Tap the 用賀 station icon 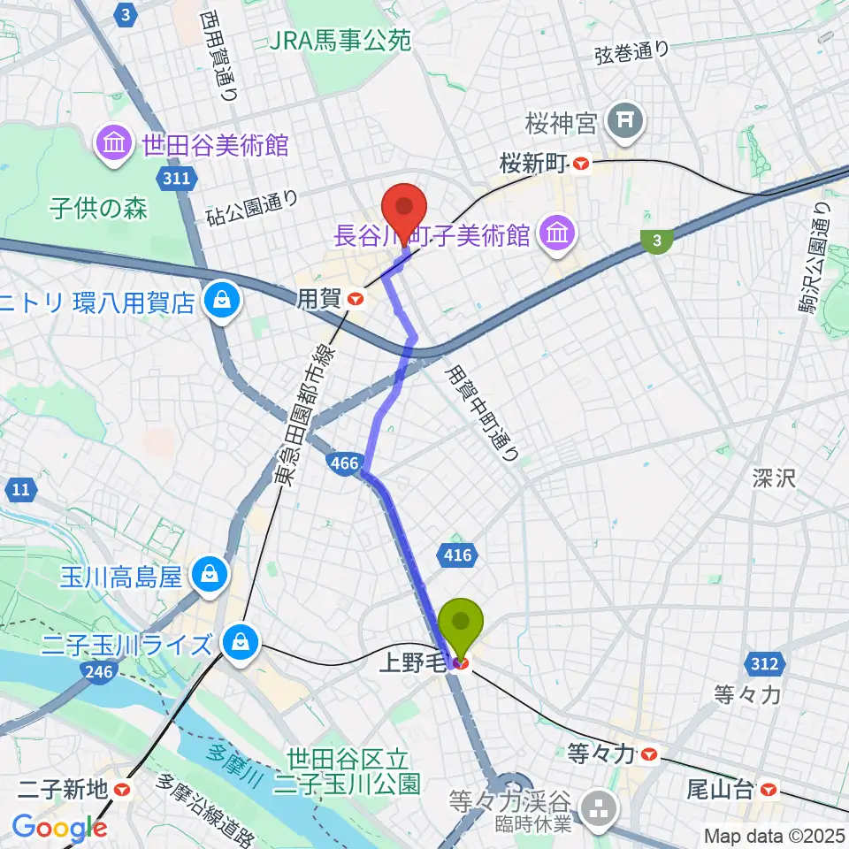[356, 300]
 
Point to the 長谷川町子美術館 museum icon [557, 234]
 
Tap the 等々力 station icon [650, 754]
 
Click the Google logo [58, 828]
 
